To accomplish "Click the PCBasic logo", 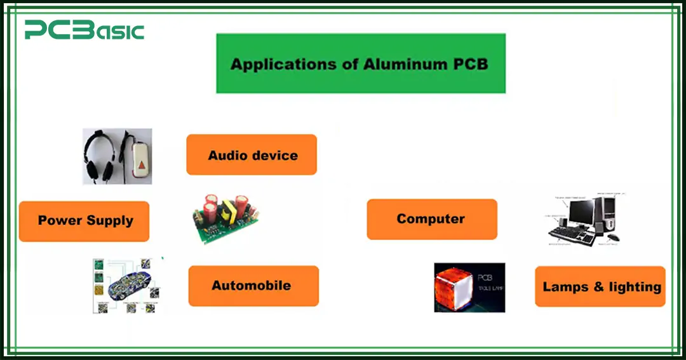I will pyautogui.click(x=84, y=30).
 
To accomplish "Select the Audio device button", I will pyautogui.click(x=252, y=155).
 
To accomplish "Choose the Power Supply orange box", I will pyautogui.click(x=84, y=221).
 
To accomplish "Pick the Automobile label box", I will pyautogui.click(x=253, y=286).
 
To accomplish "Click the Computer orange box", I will pyautogui.click(x=431, y=219).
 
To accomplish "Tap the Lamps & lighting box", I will pyautogui.click(x=600, y=287).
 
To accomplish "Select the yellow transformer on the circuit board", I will pyautogui.click(x=241, y=205).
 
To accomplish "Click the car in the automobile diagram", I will pyautogui.click(x=126, y=286).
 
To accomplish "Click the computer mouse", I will pyautogui.click(x=612, y=238).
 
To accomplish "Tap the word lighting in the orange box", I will pyautogui.click(x=635, y=287).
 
